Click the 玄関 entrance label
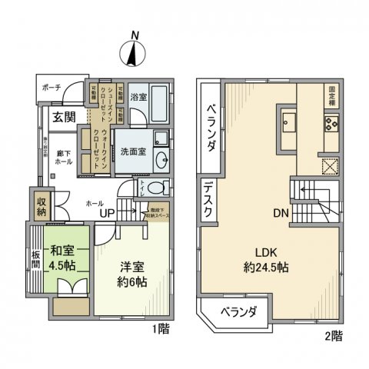point(64,118)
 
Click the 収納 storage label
point(41,204)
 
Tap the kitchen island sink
point(290,121)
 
